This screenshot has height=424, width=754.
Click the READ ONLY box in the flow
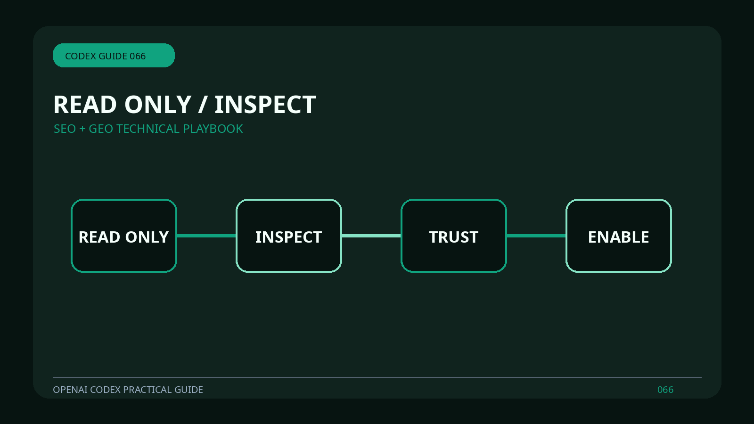coord(124,236)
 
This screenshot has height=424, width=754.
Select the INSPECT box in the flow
coord(289,236)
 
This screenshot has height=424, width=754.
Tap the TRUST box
coord(454,236)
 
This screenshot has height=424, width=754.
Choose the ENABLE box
coord(619,236)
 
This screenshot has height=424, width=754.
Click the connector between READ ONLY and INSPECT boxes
coord(206,236)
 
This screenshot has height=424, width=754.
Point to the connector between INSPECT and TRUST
coord(371,236)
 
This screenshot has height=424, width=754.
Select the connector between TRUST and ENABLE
coord(536,236)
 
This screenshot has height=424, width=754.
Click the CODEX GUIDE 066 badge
coord(114,55)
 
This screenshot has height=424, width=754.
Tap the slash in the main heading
coord(202,105)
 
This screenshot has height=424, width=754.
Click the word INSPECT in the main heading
coord(265,105)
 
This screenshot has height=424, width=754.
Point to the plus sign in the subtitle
coord(82,129)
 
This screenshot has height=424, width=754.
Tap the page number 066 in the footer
coord(665,390)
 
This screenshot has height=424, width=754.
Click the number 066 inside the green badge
coord(138,56)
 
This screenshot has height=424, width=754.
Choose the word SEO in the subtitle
coord(65,129)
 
